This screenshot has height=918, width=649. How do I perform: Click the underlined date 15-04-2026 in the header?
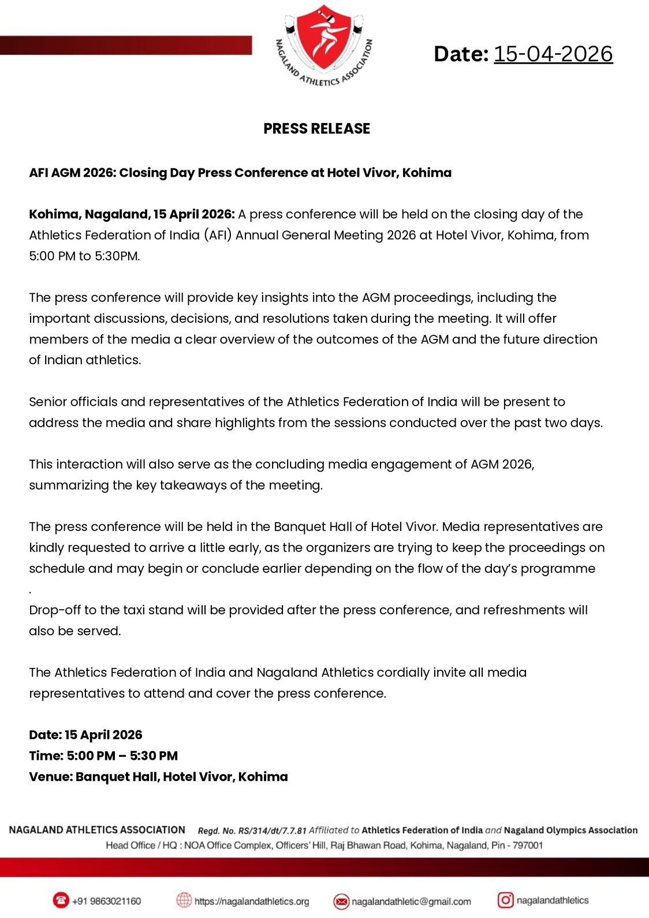point(553,54)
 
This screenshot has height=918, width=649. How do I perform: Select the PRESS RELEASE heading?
point(316,128)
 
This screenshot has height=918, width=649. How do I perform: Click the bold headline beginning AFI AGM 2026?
point(240,173)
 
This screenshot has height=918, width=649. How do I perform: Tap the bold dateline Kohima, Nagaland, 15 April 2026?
point(132,214)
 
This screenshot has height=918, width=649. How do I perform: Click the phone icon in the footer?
point(61,900)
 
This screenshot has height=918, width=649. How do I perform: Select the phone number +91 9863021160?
point(106,901)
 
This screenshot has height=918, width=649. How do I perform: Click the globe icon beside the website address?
point(184,900)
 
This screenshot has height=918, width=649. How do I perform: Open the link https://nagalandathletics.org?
point(252,901)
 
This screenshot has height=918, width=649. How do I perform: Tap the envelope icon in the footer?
point(341,901)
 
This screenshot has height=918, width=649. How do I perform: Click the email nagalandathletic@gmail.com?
point(411,901)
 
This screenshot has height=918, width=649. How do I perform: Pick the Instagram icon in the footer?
point(505,900)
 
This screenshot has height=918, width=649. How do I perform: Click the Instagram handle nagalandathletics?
point(553,900)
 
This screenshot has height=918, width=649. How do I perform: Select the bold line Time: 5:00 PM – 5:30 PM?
point(103,756)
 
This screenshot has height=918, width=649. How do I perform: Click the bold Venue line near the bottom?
point(158,777)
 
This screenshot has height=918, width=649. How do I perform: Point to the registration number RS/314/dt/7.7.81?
point(272,831)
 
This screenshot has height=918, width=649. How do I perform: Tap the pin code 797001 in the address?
point(528,845)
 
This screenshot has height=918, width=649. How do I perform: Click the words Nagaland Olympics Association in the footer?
point(570,830)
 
